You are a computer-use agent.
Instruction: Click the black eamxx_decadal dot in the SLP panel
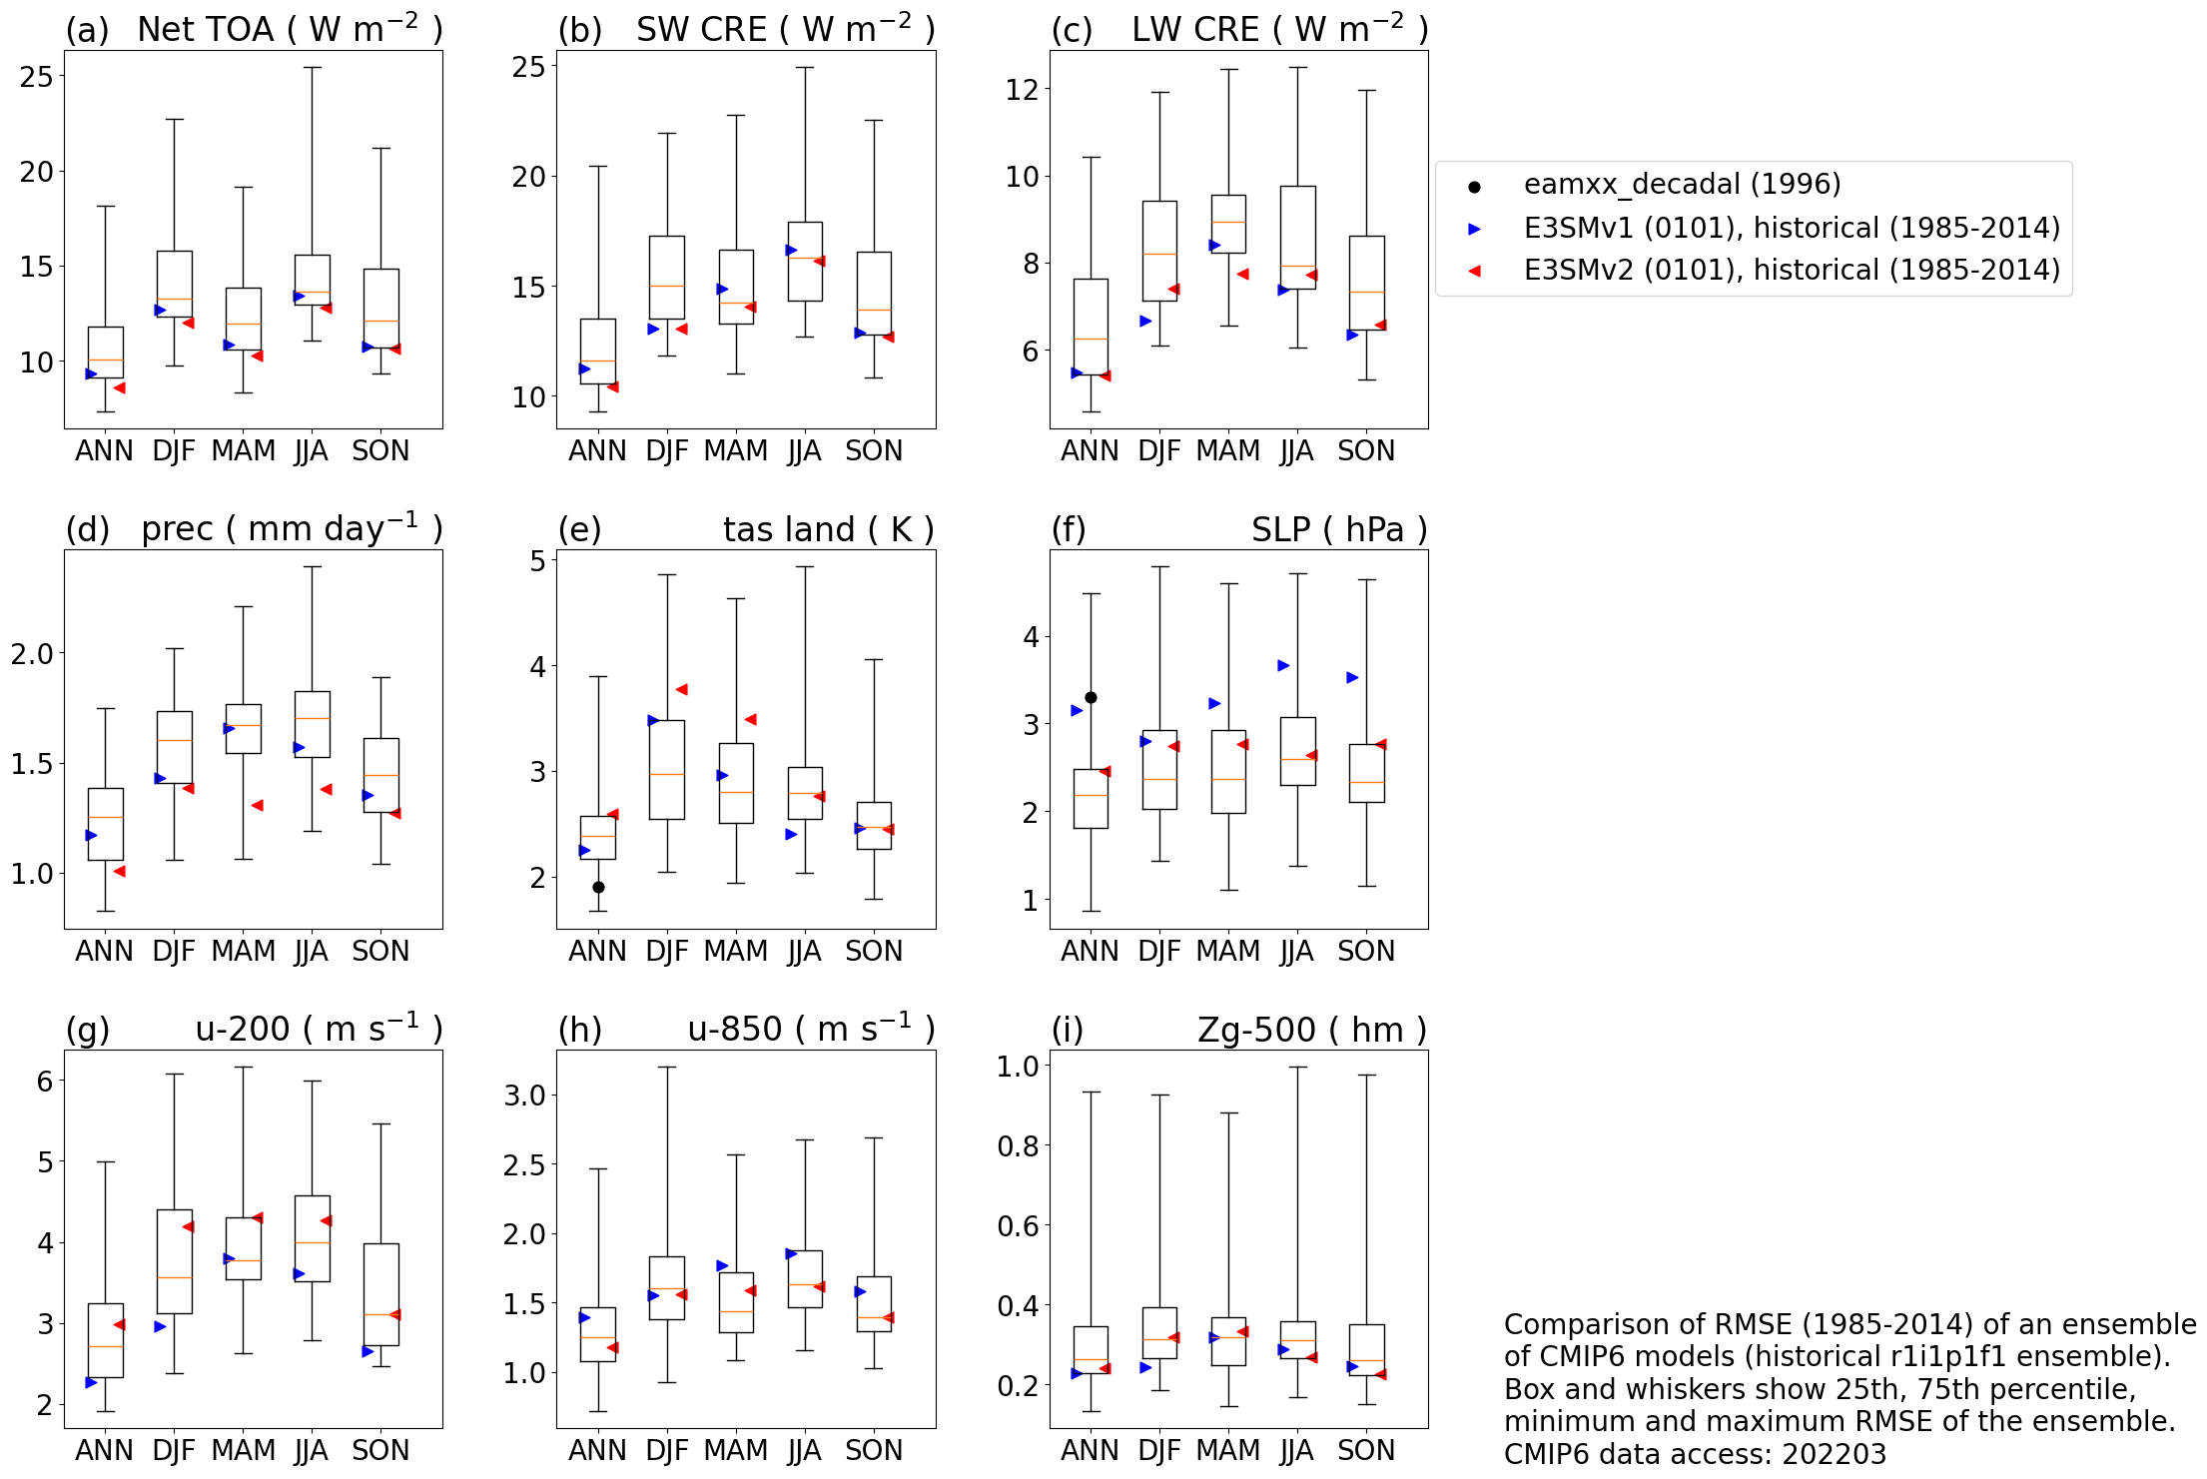pos(1091,697)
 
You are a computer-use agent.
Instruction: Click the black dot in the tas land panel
pos(598,887)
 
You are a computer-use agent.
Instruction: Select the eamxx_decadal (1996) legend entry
pos(1682,185)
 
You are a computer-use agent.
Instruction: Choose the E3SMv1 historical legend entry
pos(1792,229)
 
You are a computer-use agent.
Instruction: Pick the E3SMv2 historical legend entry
pos(1792,271)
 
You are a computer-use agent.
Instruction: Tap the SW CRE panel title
pos(785,30)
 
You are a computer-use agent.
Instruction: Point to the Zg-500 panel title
pos(1311,1030)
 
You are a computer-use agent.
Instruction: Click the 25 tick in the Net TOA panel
pos(37,77)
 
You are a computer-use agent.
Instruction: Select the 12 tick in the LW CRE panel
pos(1022,90)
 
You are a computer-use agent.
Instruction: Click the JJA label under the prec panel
pos(312,951)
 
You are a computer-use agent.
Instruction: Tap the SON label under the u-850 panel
pos(874,1450)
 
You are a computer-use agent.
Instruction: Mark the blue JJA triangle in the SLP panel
pos(1283,665)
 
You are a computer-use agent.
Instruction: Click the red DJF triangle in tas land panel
pos(681,689)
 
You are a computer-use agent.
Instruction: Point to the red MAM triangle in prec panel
pos(257,805)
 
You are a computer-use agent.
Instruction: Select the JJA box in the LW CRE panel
pos(1297,238)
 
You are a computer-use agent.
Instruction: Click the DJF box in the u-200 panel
pos(175,1261)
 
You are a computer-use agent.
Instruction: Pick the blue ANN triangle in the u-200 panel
pos(91,1382)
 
